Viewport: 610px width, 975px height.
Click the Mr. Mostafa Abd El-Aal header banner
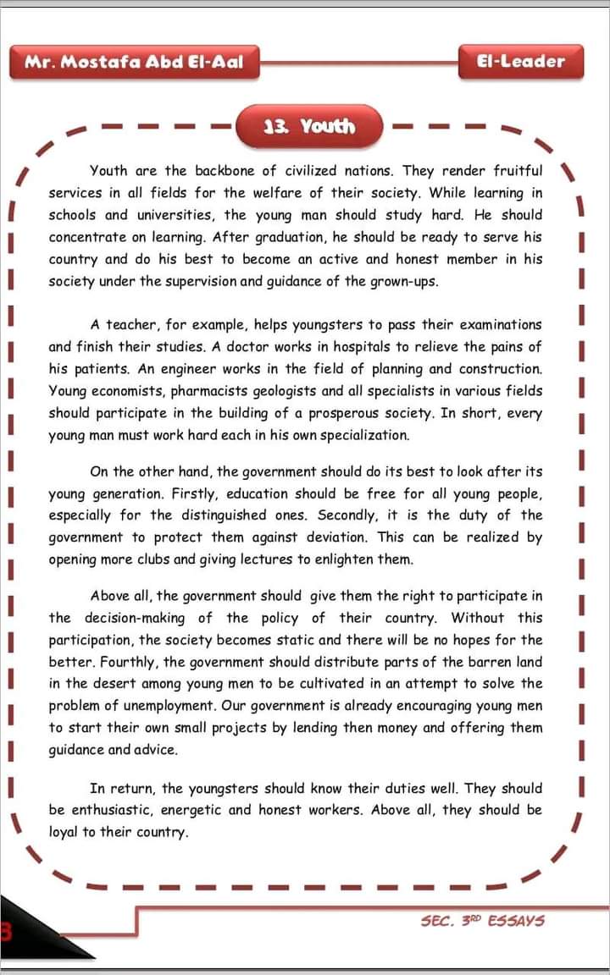(x=134, y=62)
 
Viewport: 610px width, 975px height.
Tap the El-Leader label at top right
(x=521, y=62)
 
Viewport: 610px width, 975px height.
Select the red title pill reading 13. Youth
(x=309, y=127)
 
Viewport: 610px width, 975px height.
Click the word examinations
(x=499, y=324)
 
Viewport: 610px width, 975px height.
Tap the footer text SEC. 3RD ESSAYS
(x=482, y=920)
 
